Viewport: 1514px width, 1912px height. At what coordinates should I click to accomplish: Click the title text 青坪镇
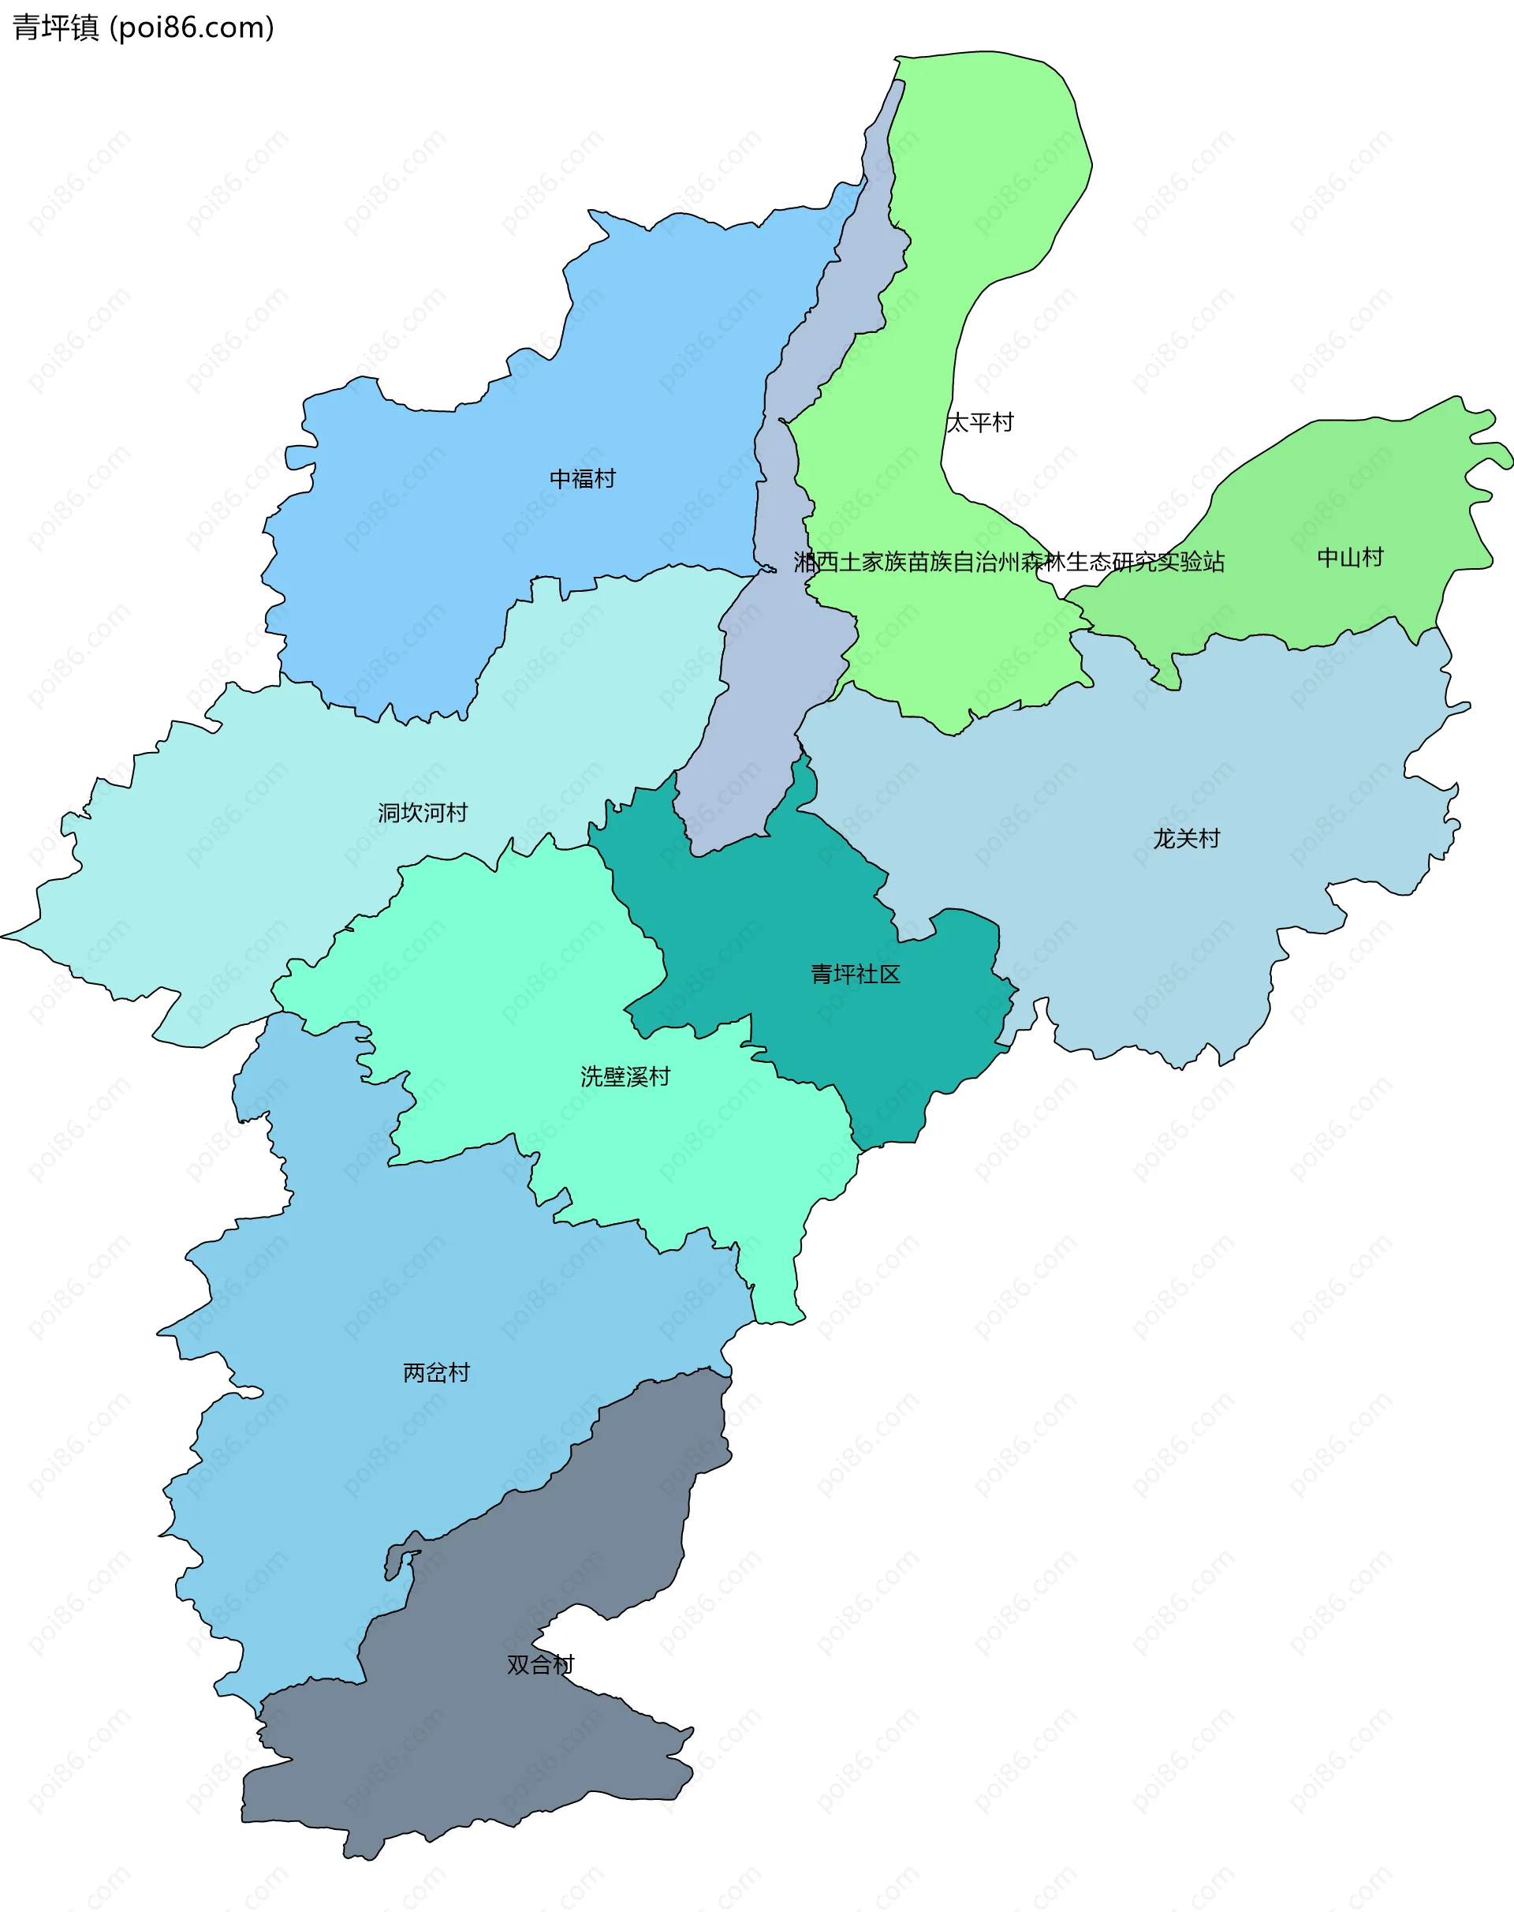[x=55, y=28]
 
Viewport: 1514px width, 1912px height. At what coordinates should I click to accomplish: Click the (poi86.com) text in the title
[x=192, y=28]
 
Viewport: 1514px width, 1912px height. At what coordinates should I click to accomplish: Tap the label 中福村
[x=583, y=479]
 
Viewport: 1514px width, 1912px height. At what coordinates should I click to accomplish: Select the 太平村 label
[x=979, y=422]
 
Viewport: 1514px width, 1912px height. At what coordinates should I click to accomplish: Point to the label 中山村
[x=1349, y=558]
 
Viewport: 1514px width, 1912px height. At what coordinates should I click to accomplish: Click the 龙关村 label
[x=1186, y=838]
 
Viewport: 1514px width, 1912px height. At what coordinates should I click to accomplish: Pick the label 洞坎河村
[x=422, y=812]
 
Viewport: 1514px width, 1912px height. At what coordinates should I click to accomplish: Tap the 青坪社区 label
[x=856, y=974]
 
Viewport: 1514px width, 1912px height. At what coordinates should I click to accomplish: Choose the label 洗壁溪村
[x=625, y=1076]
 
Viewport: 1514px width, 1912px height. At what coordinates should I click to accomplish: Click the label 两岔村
[x=436, y=1372]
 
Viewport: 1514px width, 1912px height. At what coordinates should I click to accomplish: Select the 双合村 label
[x=540, y=1664]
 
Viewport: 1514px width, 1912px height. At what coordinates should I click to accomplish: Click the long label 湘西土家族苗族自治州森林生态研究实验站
[x=1008, y=561]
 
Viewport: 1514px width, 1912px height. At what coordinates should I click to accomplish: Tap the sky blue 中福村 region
[x=443, y=550]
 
